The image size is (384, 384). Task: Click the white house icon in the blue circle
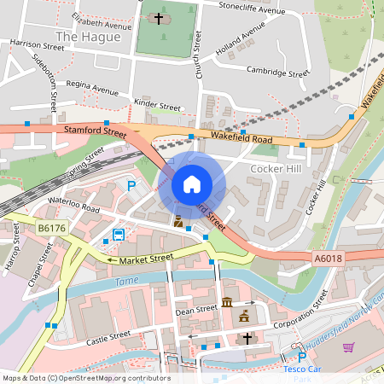point(192,183)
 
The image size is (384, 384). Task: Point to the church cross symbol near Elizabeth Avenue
point(158,19)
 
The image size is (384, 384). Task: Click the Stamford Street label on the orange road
point(95,130)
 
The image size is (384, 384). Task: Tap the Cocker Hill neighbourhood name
point(276,169)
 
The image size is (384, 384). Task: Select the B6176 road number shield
point(51,228)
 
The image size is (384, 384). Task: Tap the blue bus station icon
point(118,234)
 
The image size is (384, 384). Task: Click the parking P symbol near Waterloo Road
point(131,185)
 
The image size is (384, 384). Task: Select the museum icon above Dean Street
point(227,302)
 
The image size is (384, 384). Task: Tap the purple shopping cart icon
point(348,346)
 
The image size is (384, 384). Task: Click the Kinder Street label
point(158,108)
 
